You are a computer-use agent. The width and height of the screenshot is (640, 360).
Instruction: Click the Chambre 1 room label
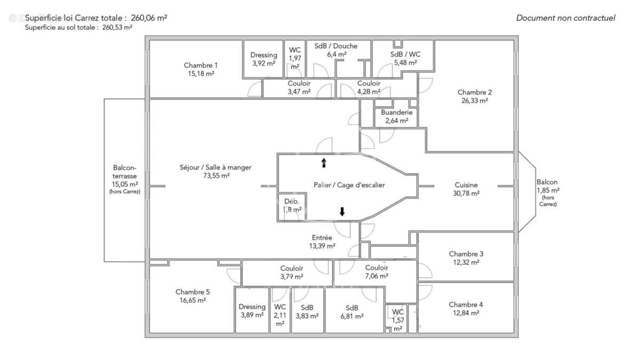[x=201, y=66]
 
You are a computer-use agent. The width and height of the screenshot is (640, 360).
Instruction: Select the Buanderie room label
[x=397, y=113]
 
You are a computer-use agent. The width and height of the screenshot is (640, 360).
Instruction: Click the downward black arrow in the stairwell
[x=342, y=212]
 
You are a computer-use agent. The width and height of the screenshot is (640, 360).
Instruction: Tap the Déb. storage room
[x=292, y=206]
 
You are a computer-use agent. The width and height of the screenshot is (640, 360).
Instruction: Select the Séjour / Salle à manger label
[x=215, y=167]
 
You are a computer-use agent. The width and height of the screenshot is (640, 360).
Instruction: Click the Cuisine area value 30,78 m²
[x=467, y=193]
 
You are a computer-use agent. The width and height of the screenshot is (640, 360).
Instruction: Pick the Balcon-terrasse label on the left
[x=125, y=171]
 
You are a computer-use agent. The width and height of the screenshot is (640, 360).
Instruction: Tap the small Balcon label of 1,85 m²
[x=547, y=182]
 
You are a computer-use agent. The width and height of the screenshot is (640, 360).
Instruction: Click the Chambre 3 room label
[x=466, y=254]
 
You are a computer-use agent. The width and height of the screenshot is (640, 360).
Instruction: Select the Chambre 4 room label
[x=466, y=305]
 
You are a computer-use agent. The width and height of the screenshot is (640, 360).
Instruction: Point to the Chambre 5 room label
[x=193, y=292]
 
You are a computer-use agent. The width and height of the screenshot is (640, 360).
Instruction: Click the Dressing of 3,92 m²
[x=263, y=59]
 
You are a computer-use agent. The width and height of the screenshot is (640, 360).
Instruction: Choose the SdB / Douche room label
[x=335, y=46]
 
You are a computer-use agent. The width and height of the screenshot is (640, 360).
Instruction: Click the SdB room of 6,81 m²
[x=351, y=311]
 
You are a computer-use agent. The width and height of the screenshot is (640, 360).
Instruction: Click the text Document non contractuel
[x=565, y=18]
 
